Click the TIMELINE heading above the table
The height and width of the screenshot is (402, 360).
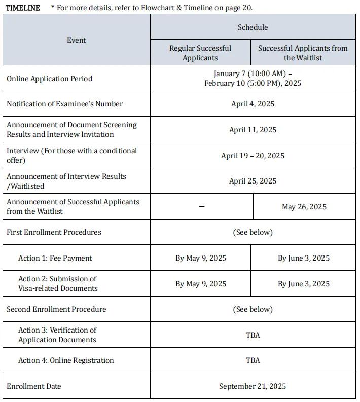pyautogui.click(x=22, y=8)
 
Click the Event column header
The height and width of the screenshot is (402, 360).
pyautogui.click(x=77, y=40)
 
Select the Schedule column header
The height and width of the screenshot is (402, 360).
pyautogui.click(x=253, y=27)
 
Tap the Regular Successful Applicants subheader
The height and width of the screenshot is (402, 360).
pyautogui.click(x=200, y=53)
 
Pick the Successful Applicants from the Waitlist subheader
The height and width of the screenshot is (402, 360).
pyautogui.click(x=303, y=53)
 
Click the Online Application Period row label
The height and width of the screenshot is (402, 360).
pyautogui.click(x=49, y=79)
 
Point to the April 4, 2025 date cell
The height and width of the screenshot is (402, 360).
pyautogui.click(x=253, y=104)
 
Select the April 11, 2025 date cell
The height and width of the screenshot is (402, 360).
pyautogui.click(x=253, y=130)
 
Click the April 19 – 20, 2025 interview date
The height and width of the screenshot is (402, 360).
pyautogui.click(x=253, y=156)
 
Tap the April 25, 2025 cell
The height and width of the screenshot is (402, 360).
pyautogui.click(x=253, y=181)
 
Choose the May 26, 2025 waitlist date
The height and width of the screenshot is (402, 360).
pyautogui.click(x=304, y=207)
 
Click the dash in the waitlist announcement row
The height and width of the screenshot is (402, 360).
pyautogui.click(x=201, y=207)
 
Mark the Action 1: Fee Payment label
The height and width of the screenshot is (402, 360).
pyautogui.click(x=55, y=258)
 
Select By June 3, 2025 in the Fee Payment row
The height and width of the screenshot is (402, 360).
pyautogui.click(x=303, y=258)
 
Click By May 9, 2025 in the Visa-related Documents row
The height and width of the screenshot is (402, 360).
pyautogui.click(x=201, y=284)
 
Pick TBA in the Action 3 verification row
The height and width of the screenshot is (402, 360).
pyautogui.click(x=253, y=335)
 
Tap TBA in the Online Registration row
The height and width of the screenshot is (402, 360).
pyautogui.click(x=253, y=360)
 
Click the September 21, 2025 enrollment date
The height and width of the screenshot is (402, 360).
pyautogui.click(x=253, y=386)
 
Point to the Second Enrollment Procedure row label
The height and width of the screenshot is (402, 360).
pyautogui.click(x=56, y=309)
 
